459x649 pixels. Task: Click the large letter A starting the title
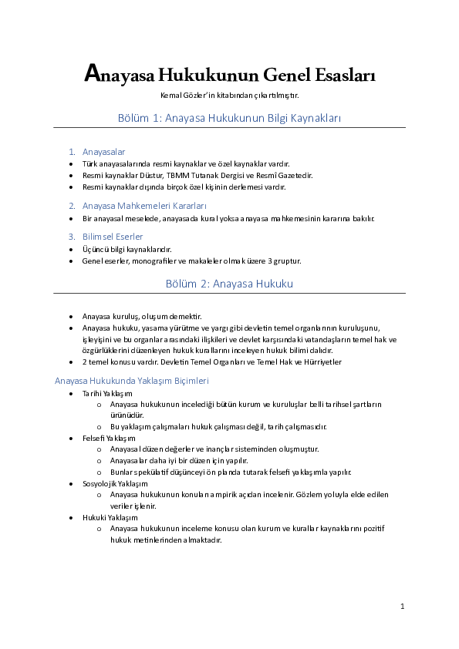coord(91,74)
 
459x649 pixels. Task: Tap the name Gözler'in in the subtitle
coord(197,95)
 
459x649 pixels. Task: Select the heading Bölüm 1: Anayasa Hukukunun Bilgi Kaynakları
coord(229,118)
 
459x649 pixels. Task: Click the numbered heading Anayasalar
coord(103,152)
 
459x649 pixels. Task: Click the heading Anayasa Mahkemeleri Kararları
coord(144,206)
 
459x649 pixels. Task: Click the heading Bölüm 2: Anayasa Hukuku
coord(229,284)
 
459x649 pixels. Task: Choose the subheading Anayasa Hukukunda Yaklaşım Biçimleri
coord(132,381)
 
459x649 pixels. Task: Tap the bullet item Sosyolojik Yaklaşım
coord(115,483)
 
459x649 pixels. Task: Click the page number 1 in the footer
coord(403,607)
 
